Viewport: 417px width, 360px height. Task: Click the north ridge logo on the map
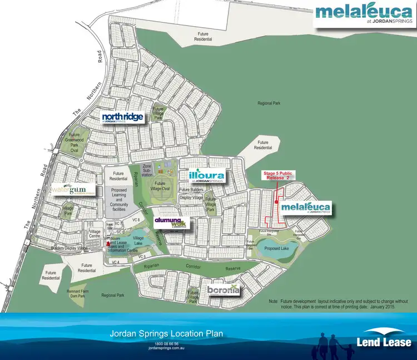[x=123, y=117]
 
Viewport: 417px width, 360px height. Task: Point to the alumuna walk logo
[x=172, y=222]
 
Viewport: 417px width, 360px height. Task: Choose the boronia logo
[x=225, y=290]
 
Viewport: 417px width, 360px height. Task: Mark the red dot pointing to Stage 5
[x=276, y=202]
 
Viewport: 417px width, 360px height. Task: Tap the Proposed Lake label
[x=276, y=249]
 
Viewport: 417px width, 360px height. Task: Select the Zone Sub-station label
[x=147, y=169]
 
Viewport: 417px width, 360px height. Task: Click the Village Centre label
[x=95, y=233]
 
